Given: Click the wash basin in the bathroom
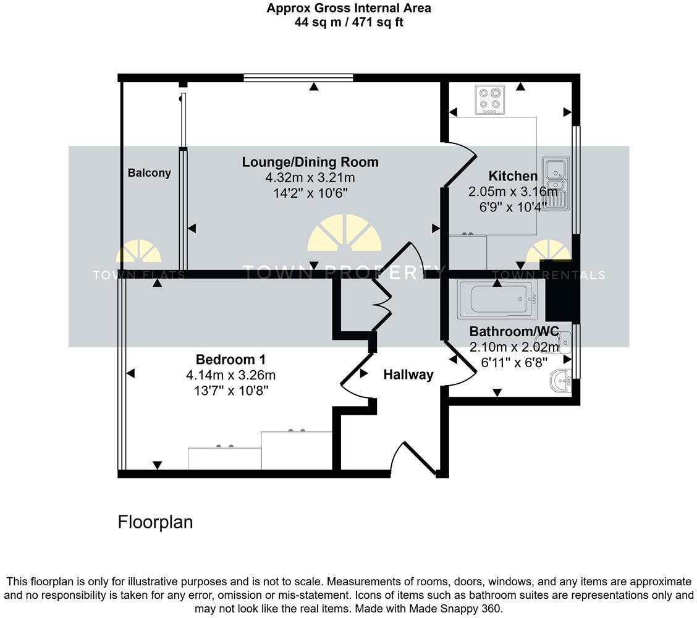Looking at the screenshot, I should click(562, 382).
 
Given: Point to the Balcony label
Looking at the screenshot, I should click(149, 173).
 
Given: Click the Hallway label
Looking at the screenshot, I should click(408, 375).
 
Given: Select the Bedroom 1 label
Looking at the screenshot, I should click(230, 360).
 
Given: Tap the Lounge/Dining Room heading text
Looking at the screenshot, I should click(310, 163).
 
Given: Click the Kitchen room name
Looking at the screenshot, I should click(504, 176).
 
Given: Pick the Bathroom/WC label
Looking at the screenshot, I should click(513, 331).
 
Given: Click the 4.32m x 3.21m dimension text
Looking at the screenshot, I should click(310, 178).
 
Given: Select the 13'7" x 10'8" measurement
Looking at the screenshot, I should click(230, 391).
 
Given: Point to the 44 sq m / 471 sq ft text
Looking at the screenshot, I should click(348, 23).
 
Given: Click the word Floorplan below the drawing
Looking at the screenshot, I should click(155, 522).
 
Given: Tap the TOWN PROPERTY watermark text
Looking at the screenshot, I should click(344, 271).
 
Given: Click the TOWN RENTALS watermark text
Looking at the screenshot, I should click(548, 276).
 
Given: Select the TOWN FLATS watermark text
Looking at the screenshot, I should click(138, 276).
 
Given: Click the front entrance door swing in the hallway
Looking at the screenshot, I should click(413, 460).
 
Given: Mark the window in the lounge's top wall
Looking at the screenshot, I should click(298, 78).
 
